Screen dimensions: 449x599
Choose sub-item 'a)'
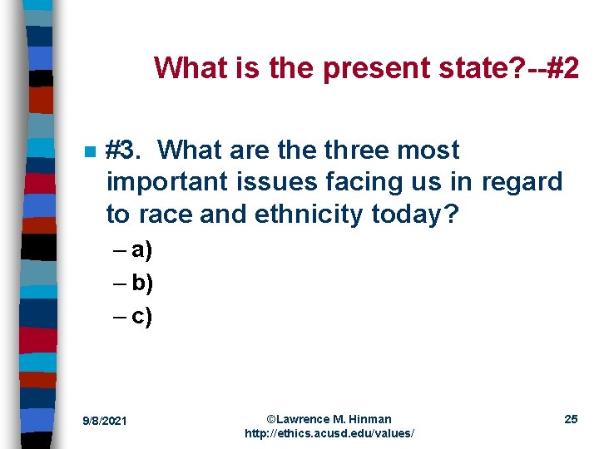click(x=141, y=251)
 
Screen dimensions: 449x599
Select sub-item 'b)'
click(x=141, y=284)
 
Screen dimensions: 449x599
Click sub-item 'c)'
click(x=141, y=316)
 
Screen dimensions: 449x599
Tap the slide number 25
click(x=571, y=419)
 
